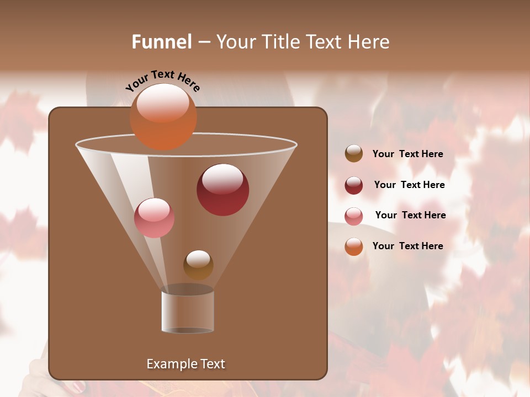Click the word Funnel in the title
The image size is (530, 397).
pos(161,42)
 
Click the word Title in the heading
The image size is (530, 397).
pos(279,42)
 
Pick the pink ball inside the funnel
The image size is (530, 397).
pos(154,218)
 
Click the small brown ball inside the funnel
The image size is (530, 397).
pos(198,265)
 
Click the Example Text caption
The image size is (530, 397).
pos(185,364)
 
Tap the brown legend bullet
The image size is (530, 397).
pos(354,154)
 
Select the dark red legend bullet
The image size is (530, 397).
pos(354,185)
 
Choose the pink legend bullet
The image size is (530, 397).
pos(354,216)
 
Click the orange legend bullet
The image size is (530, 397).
pos(354,246)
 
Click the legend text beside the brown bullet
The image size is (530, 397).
pos(407,154)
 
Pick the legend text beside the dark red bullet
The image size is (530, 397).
pos(409,185)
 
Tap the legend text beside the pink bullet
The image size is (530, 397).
pos(410,216)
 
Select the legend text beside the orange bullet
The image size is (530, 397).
pos(407,246)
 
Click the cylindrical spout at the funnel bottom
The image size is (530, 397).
pos(188,312)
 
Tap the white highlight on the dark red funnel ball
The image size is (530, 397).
pos(222,179)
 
